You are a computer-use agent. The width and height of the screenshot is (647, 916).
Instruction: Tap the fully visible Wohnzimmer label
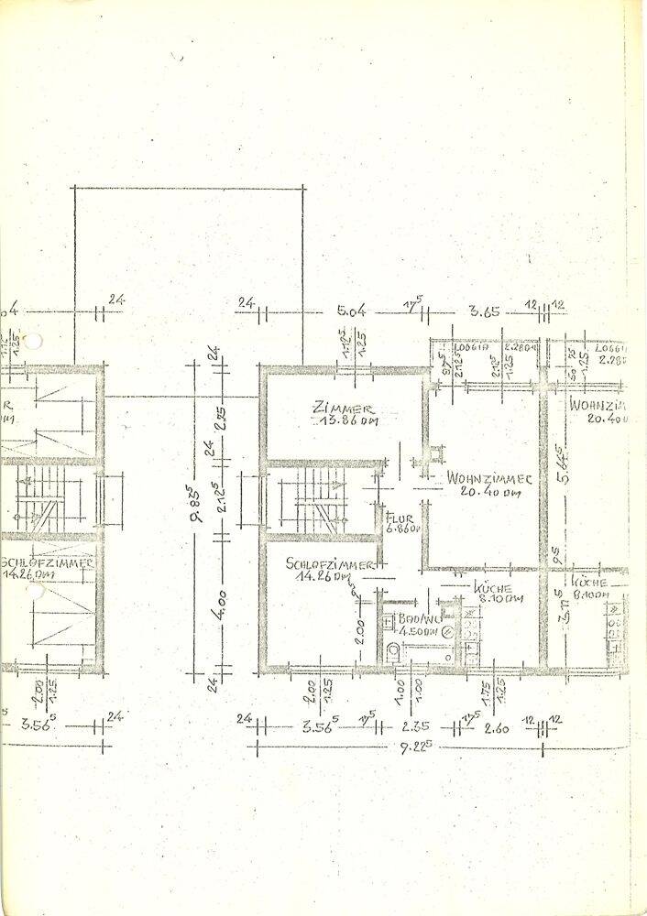(484, 478)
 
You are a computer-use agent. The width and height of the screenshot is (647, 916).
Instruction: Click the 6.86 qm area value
(403, 529)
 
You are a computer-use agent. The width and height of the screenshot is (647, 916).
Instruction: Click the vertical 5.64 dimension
(555, 470)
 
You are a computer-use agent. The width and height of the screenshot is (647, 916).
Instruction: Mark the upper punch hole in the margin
(35, 343)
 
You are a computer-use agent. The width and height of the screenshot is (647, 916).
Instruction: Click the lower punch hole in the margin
(35, 593)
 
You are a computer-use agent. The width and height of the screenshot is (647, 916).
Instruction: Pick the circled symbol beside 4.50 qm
(447, 632)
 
